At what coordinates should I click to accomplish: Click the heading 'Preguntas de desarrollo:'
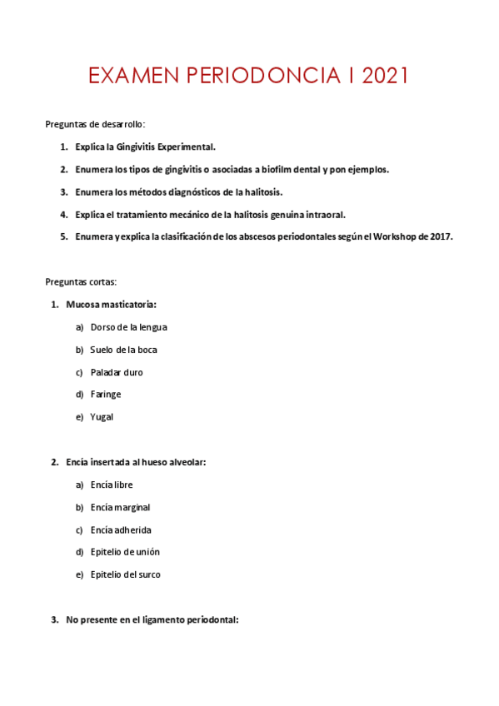[95, 124]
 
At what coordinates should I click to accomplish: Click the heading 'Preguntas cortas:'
[81, 281]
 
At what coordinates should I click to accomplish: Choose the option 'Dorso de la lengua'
[129, 327]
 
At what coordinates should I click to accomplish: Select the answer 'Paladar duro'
[117, 372]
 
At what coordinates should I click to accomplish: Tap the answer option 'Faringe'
[106, 394]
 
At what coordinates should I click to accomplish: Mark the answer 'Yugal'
[102, 416]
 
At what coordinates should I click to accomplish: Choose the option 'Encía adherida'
[121, 529]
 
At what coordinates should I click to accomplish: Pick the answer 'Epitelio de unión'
[125, 551]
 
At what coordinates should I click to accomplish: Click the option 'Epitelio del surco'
[126, 574]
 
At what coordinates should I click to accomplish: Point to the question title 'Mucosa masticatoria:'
[111, 305]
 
